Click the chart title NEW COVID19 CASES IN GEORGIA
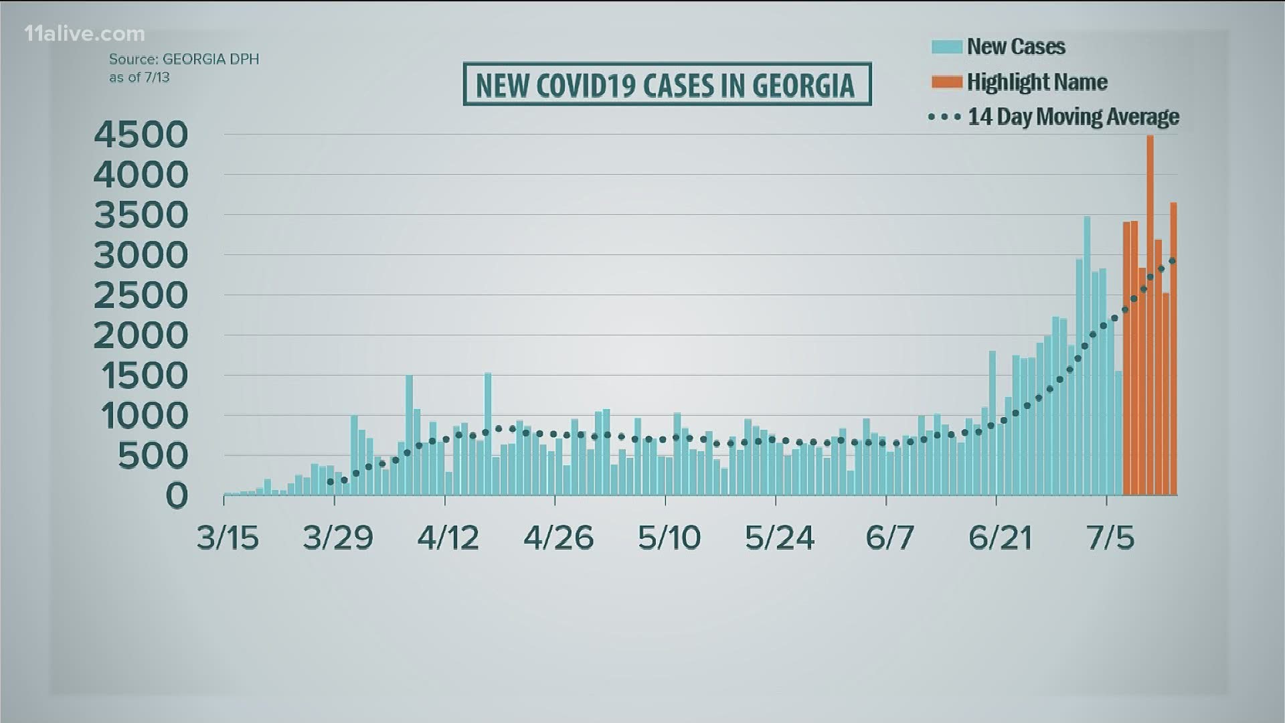[667, 85]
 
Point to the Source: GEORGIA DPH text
[184, 59]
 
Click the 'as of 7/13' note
[139, 77]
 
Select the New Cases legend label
[1016, 47]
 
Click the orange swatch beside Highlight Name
[946, 82]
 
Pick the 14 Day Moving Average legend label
[1074, 117]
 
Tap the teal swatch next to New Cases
[946, 47]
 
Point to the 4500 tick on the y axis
[141, 135]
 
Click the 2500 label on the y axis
[141, 295]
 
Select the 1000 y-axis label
[145, 416]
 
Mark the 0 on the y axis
[177, 496]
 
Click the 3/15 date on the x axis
[228, 538]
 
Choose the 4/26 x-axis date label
[558, 538]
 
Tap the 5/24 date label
[780, 538]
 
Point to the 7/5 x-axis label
[1110, 538]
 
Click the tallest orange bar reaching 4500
[1150, 315]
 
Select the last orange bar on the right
[1173, 348]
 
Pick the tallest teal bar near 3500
[1087, 355]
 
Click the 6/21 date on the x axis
[1000, 538]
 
